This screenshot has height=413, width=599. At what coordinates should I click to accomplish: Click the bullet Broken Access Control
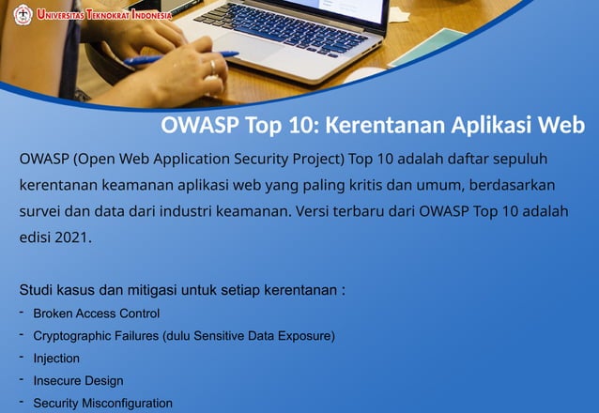coord(96,314)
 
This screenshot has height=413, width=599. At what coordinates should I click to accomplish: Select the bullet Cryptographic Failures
coord(96,336)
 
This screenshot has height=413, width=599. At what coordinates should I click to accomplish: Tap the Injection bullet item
coord(56,359)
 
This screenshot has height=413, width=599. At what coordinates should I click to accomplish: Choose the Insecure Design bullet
coord(78,381)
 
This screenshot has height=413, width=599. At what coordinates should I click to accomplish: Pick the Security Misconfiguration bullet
coord(102,404)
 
